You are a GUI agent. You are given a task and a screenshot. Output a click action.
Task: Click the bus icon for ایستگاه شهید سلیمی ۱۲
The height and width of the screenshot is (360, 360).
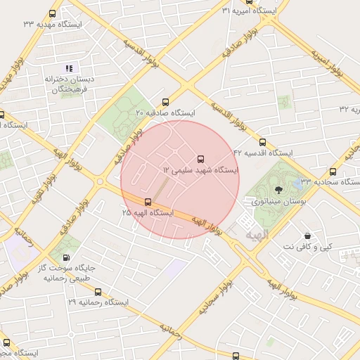[202, 158]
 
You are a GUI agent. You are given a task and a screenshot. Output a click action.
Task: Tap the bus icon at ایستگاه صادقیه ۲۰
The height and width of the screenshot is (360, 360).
[166, 101]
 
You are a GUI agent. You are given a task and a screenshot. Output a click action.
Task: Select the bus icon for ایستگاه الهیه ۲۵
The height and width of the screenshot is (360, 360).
[147, 202]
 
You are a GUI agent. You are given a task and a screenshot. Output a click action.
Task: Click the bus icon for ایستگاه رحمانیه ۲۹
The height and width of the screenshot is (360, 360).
[98, 292]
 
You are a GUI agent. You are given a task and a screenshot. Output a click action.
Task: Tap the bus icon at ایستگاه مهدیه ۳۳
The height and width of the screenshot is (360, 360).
[53, 14]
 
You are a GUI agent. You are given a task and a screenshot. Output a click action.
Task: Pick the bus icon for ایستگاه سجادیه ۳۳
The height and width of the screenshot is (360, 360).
[333, 172]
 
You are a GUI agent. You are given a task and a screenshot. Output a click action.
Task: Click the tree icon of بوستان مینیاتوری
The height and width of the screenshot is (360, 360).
[278, 188]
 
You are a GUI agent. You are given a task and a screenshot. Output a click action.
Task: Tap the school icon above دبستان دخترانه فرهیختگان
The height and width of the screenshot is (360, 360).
[69, 68]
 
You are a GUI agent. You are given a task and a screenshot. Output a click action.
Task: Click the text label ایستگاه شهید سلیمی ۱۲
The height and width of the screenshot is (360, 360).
[201, 171]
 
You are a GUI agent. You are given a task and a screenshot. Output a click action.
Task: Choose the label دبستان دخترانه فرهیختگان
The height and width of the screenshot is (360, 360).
[70, 84]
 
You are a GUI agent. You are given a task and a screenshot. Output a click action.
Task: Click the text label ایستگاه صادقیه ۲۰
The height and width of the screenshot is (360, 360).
[165, 112]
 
